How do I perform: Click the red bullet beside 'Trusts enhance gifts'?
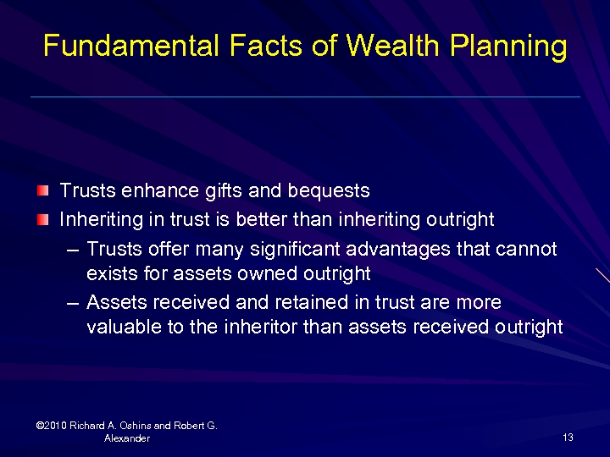click(42, 191)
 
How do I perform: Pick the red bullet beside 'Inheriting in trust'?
click(42, 220)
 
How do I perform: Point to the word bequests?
click(331, 191)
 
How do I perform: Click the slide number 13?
click(568, 438)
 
